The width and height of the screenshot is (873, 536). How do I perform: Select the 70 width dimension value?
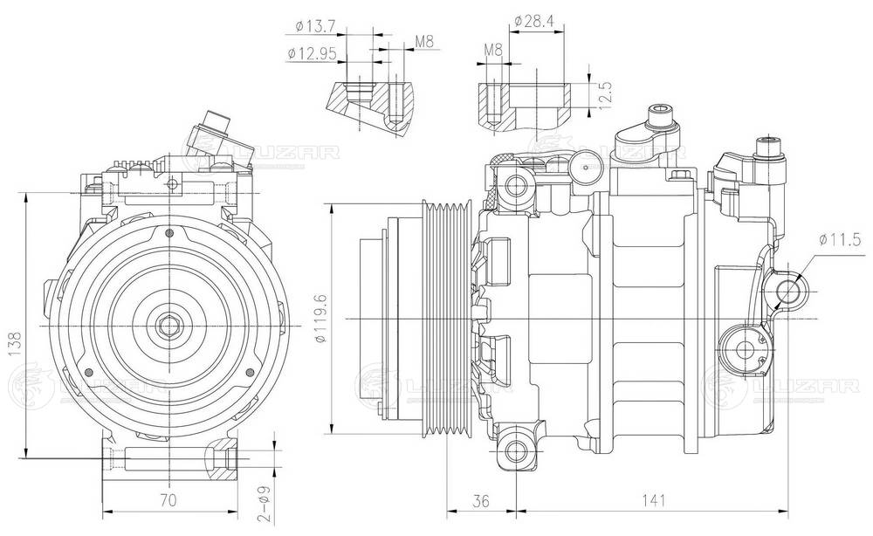pyautogui.click(x=169, y=500)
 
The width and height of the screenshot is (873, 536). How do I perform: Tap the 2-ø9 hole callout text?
pyautogui.click(x=249, y=501)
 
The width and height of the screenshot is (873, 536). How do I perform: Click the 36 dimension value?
pyautogui.click(x=480, y=500)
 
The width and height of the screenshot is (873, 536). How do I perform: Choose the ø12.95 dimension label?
pyautogui.click(x=312, y=53)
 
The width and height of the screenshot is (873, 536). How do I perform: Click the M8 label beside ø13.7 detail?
pyautogui.click(x=425, y=41)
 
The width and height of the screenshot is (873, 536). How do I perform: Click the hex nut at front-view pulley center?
pyautogui.click(x=167, y=326)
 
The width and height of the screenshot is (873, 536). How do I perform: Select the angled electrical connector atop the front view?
pyautogui.click(x=212, y=132)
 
